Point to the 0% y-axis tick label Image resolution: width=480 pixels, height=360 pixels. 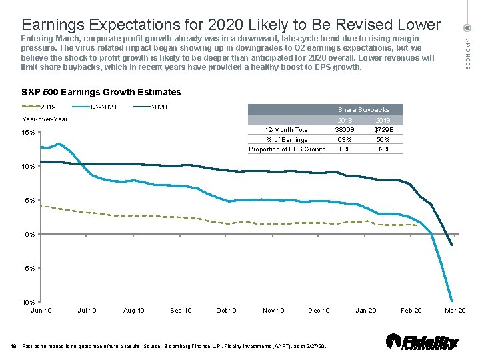(x=29, y=234)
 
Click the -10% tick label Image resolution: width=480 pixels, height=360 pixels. (x=27, y=303)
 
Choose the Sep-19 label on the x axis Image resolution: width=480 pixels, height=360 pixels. (x=181, y=311)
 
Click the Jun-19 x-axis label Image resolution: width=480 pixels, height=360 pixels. (x=42, y=311)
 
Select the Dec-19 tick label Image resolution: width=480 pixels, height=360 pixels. (x=319, y=311)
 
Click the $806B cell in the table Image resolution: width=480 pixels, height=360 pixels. (x=345, y=130)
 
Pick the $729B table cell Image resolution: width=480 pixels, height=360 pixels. (x=384, y=130)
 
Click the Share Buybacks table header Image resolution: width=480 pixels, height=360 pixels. (x=364, y=109)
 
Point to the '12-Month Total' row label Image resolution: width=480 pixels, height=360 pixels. (x=287, y=130)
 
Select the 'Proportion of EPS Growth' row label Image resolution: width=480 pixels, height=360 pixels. (x=287, y=149)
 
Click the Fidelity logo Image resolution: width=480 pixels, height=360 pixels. (x=423, y=342)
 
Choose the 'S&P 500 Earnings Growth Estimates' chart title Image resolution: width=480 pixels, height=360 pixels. (x=101, y=92)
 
